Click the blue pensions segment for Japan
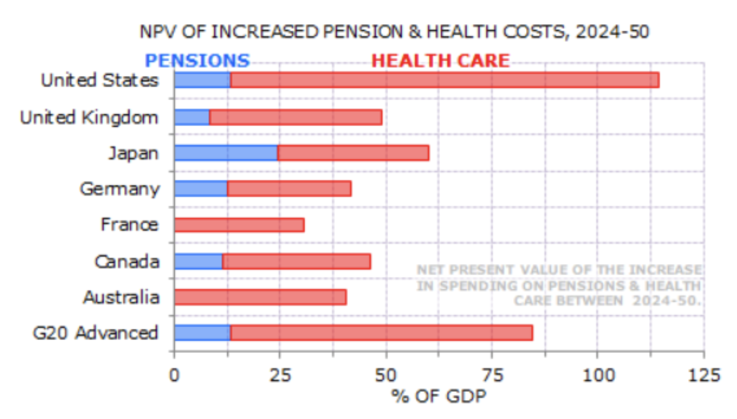point(226,153)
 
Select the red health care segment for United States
point(444,80)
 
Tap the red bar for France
point(239,225)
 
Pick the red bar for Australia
point(260,297)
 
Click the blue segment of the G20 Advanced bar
point(202,333)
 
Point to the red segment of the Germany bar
point(289,189)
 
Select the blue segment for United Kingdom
point(192,117)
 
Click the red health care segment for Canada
point(296,262)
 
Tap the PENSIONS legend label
point(197,61)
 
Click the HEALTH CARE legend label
point(440,61)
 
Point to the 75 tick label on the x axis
point(492,375)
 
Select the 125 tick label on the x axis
point(703,375)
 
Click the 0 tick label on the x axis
point(174,375)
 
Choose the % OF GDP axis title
point(438,396)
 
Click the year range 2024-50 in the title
point(612,32)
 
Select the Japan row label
point(133,153)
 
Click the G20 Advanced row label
point(96,333)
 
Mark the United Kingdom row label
point(89,117)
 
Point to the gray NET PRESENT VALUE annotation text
point(559,285)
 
